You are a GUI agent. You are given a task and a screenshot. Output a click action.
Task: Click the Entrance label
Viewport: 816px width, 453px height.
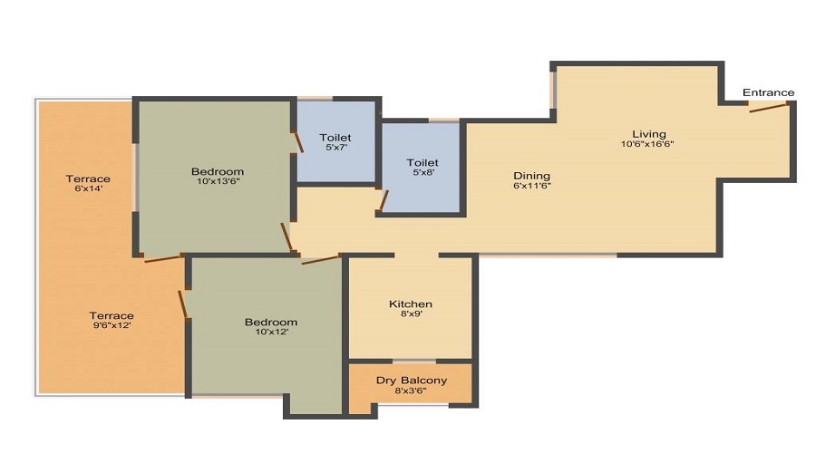coord(768,92)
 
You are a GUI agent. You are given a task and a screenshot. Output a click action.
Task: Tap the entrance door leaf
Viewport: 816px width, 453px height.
coord(767,108)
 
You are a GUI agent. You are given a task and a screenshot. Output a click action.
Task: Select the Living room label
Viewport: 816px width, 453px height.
coord(649,134)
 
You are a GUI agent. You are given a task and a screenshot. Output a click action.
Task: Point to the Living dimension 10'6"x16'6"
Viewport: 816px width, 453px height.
coord(647,145)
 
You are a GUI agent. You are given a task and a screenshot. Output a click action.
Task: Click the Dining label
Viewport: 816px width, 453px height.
coord(531,176)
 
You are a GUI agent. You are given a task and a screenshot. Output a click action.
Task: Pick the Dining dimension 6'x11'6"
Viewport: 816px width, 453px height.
coord(531,187)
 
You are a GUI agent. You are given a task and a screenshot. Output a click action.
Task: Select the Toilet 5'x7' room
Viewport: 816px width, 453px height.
coord(335,142)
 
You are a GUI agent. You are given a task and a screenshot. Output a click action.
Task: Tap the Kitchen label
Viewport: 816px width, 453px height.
coord(411,304)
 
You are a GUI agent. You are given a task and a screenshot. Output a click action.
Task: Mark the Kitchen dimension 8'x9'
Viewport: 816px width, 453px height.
coord(410,314)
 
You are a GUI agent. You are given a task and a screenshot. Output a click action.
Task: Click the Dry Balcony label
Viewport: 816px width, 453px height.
coord(412,381)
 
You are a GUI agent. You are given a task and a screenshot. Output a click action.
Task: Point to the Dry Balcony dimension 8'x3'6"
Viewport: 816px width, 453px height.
coord(412,391)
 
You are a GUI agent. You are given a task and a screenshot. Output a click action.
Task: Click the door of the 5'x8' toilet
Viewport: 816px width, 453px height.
coord(384,200)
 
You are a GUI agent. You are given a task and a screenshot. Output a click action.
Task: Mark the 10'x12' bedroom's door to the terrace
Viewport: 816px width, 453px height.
coord(184,304)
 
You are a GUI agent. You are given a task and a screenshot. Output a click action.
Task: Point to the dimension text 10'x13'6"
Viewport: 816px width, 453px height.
coord(217,182)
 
